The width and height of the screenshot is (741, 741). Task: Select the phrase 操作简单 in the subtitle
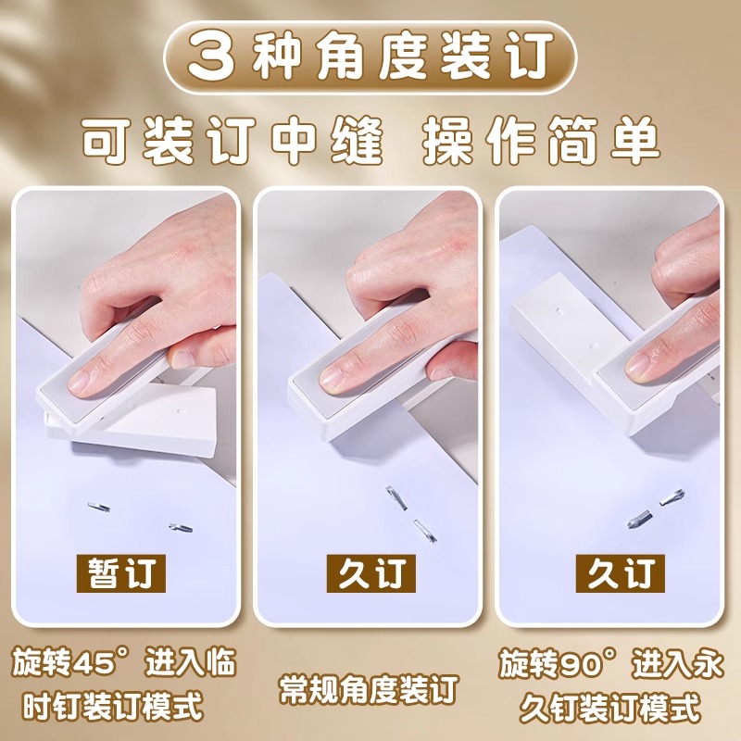[542, 142]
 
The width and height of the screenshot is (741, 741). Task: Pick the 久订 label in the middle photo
[370, 574]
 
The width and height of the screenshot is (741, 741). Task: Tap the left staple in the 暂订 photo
[99, 508]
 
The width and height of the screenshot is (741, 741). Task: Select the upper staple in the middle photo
[398, 498]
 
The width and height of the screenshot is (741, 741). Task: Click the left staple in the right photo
[639, 516]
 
